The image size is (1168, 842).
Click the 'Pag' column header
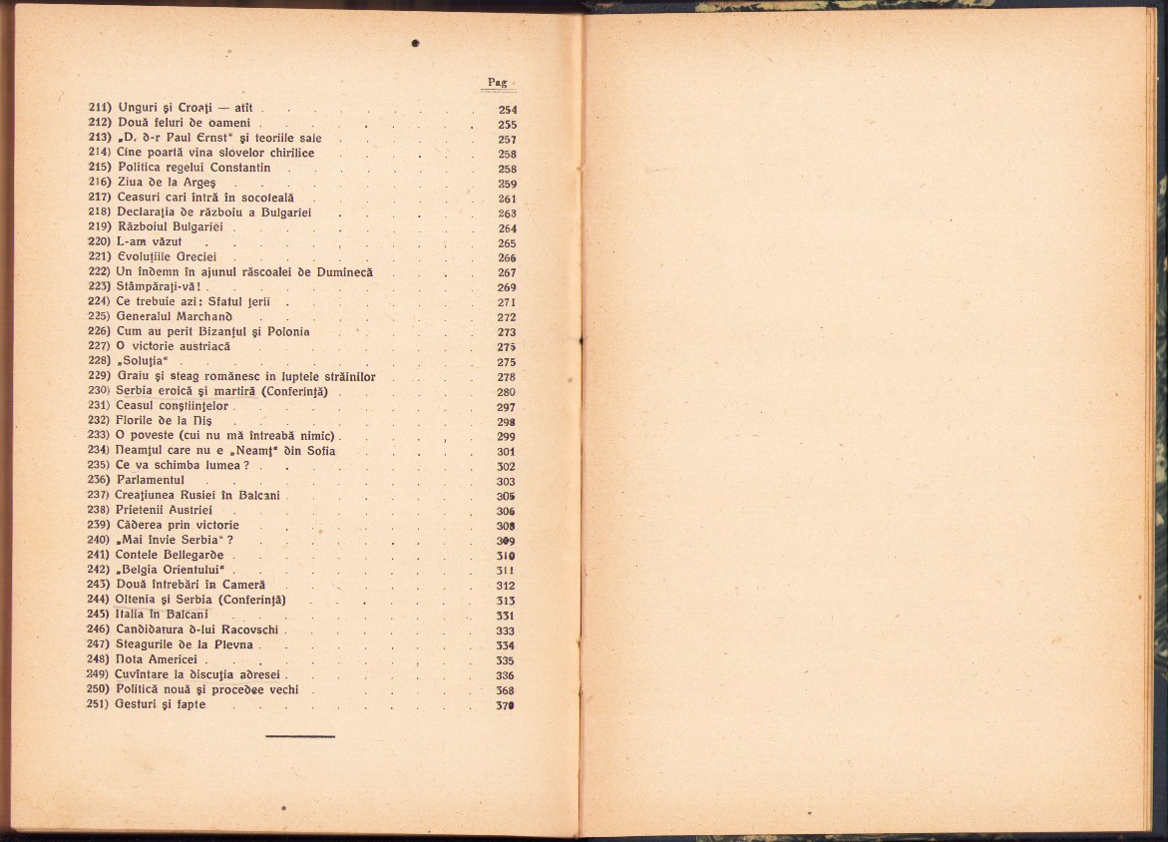[497, 82]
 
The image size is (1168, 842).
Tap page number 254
[507, 110]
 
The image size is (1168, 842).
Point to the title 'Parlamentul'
[151, 481]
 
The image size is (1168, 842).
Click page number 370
[505, 705]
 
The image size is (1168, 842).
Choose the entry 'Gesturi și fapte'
[161, 704]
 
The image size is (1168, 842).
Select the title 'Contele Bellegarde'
[171, 555]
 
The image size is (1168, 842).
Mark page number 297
[506, 407]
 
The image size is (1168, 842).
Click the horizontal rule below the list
[300, 736]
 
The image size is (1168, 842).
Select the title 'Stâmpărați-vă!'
[161, 287]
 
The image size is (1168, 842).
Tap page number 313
[506, 601]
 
